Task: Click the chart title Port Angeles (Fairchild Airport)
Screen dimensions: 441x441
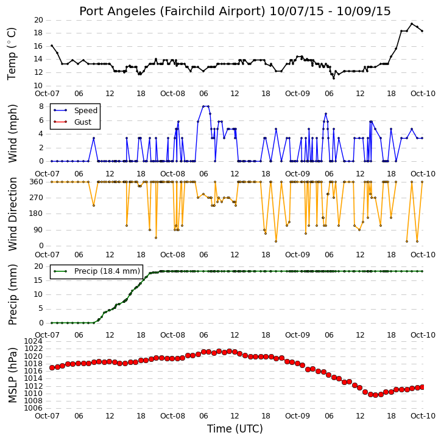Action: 172,12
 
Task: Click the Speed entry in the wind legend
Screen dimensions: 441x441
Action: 86,111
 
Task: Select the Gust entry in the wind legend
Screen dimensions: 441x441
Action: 82,122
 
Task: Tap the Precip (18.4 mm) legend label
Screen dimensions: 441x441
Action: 107,271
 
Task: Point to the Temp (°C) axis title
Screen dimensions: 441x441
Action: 12,54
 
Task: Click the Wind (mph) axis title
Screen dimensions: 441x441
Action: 12,133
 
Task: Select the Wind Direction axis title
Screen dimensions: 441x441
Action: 12,214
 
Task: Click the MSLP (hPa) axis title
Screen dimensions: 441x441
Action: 12,375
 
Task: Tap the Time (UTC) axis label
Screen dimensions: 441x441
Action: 235,429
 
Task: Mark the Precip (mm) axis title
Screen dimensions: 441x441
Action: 12,294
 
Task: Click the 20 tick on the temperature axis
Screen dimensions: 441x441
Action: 38,20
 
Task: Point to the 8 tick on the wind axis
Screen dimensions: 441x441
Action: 41,106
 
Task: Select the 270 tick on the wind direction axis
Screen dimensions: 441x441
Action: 37,198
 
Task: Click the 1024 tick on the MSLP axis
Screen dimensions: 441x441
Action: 34,341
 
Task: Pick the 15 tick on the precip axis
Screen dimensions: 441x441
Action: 38,280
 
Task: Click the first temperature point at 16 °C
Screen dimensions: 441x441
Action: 52,46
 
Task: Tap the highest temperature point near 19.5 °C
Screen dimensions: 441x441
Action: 412,24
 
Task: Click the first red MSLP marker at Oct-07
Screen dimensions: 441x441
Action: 52,367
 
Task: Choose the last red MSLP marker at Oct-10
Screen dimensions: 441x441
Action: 422,387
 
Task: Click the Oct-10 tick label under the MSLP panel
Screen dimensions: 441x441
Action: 423,415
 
